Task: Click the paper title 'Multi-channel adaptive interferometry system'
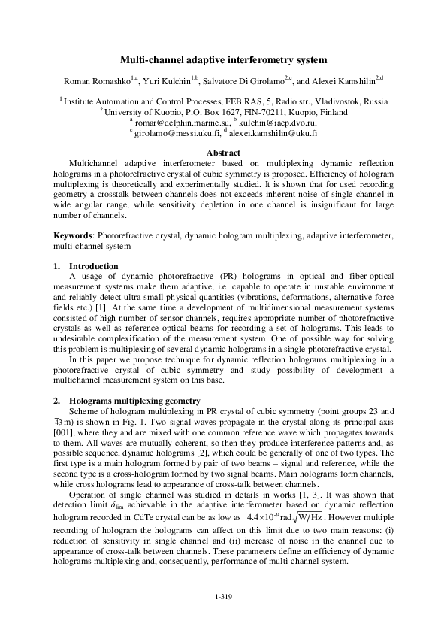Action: click(223, 59)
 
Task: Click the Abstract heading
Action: click(223, 153)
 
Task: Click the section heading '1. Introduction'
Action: click(86, 266)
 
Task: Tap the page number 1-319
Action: click(223, 596)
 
